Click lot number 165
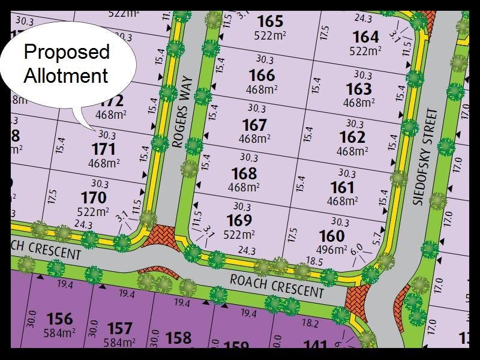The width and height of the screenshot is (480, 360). coord(270,22)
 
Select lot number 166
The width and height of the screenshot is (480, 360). coord(262,76)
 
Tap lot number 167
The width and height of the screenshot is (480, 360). coord(254,125)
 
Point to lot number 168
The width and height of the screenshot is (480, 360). coord(244,173)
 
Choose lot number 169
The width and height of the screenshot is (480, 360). coord(239,220)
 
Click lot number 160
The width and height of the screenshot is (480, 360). coord(332,236)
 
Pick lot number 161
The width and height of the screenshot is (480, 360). coord(342,188)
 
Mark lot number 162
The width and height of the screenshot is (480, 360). coord(352,137)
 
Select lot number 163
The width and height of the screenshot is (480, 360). coord(359,89)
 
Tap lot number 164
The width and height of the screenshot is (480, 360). coord(365,37)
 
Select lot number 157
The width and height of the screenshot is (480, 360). coord(119,328)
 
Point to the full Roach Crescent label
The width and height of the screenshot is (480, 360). coord(277,284)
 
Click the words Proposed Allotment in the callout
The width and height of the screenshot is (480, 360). coord(66,64)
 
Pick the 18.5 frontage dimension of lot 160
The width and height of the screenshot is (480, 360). coord(314,262)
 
